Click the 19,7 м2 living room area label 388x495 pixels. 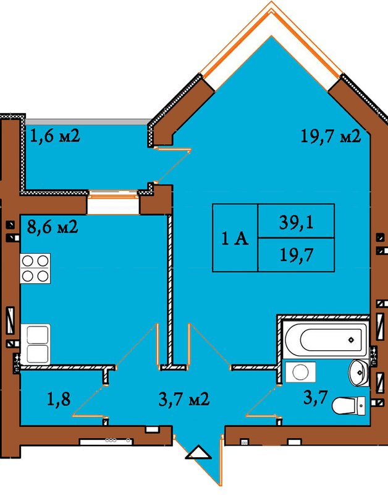(331, 136)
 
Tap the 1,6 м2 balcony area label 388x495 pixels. (55, 136)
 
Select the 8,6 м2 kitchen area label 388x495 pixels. (53, 226)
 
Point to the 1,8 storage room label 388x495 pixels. (59, 398)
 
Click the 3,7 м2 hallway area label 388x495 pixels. (184, 399)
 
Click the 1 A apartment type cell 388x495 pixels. (235, 238)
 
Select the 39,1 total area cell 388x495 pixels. (297, 222)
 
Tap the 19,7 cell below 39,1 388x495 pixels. (297, 255)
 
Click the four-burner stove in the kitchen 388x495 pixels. (36, 269)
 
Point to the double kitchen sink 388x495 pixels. (36, 344)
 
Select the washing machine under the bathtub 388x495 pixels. (300, 372)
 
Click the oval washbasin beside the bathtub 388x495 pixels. (358, 373)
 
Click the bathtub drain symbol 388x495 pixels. (351, 340)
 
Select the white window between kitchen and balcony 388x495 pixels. (113, 202)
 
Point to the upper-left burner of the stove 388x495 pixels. (28, 261)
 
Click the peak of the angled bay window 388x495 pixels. (271, 2)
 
